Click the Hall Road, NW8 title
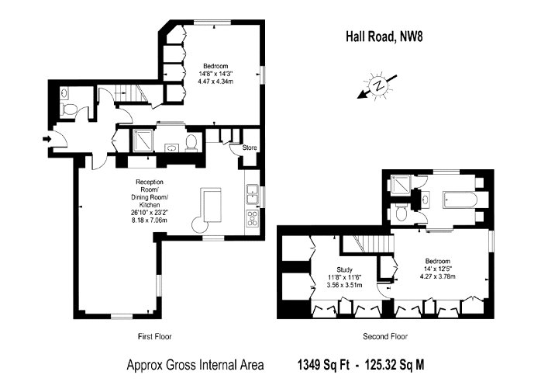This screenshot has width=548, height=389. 384,36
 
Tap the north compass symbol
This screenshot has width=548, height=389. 377,85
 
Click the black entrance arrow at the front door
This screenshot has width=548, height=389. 47,139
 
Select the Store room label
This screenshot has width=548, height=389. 250,148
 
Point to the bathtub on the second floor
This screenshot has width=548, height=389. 460,200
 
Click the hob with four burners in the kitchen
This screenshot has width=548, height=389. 252,217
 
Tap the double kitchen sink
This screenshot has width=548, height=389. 252,195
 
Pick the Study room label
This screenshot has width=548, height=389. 344,270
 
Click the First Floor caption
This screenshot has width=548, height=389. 155,337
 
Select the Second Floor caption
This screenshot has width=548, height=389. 385,337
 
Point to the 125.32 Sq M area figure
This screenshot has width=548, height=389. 395,365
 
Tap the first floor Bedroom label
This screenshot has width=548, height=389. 215,66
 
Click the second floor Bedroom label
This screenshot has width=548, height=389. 438,261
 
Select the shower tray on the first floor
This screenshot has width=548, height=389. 143,141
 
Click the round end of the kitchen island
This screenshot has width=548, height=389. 200,224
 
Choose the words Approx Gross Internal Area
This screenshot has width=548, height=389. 195,365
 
